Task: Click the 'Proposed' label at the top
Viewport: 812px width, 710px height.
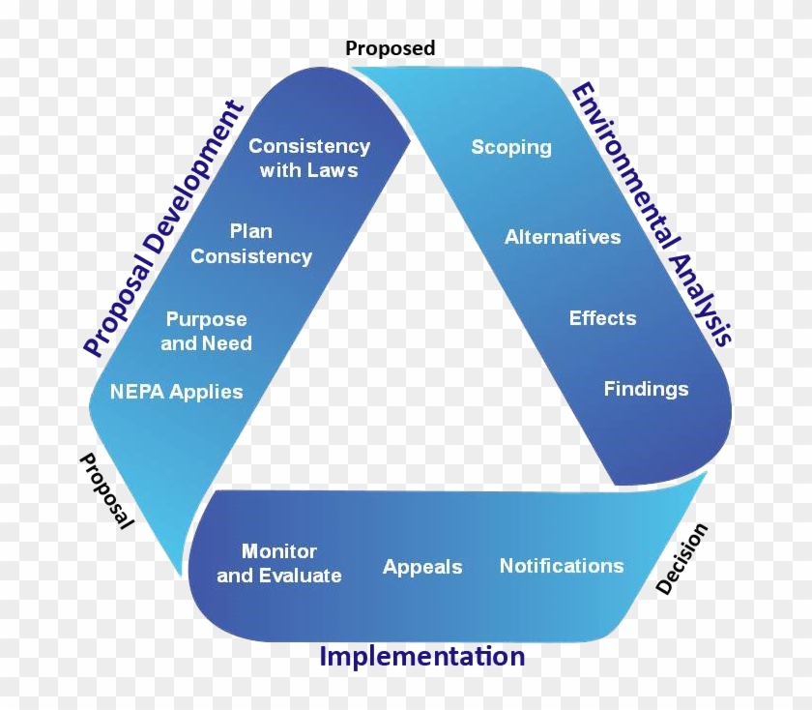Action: point(390,48)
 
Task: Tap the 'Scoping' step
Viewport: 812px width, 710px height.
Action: point(511,147)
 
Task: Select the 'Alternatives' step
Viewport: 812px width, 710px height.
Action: point(563,237)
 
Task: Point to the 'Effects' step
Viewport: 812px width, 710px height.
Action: point(602,317)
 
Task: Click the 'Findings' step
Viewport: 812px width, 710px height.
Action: point(646,389)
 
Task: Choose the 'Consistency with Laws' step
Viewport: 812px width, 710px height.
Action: point(309,158)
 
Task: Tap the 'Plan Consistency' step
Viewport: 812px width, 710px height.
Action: point(251,244)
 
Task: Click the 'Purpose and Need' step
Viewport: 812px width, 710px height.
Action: point(206,331)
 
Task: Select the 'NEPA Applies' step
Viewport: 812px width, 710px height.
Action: point(177,392)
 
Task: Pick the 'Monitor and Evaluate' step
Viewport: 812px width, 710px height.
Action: point(279,563)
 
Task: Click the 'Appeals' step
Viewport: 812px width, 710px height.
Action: point(422,567)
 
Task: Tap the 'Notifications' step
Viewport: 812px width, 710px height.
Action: point(562,566)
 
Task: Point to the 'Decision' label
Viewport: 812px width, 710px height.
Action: point(681,559)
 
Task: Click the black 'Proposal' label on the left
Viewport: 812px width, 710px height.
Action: point(105,491)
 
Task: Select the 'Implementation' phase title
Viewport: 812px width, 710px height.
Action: point(422,657)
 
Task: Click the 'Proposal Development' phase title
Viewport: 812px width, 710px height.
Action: point(163,229)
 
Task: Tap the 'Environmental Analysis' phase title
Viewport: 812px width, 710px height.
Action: point(652,214)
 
